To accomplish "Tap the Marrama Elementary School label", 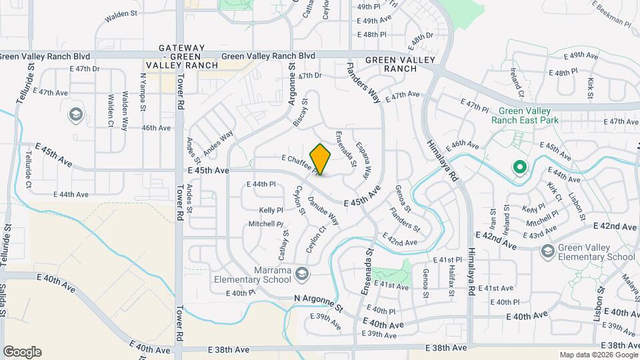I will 255,275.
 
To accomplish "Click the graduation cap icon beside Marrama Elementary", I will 302,273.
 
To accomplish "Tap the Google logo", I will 22,352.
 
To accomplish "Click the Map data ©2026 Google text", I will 598,355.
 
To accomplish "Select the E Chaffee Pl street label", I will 300,162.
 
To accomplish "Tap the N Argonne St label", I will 318,303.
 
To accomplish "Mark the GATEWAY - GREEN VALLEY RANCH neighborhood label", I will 181,57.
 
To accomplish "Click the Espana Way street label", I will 363,160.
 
